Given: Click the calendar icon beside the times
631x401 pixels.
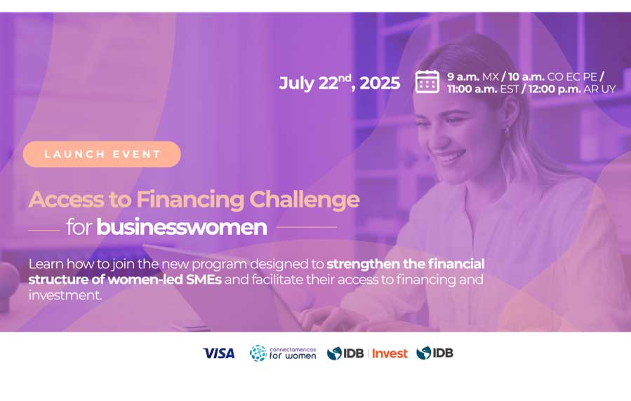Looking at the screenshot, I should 427,81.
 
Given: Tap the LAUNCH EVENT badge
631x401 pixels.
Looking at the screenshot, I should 102,154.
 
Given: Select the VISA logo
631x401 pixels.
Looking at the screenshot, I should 219,353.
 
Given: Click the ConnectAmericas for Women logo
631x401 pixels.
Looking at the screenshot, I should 283,353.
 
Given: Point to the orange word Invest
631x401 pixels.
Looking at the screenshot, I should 390,353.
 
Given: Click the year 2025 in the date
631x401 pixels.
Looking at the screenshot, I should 380,83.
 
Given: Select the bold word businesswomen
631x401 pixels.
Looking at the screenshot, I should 182,227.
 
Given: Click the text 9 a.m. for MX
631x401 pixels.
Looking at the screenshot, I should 463,76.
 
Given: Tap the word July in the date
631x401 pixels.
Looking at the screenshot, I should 297,83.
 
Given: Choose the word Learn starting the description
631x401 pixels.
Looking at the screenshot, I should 46,264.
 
